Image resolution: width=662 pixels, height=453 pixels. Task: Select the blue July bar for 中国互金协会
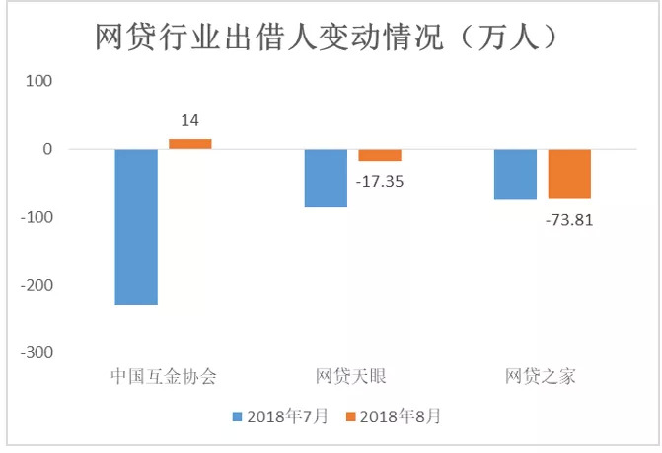pos(136,227)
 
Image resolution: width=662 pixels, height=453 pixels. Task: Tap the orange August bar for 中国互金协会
pos(189,144)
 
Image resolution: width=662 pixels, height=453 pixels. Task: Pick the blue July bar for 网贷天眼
pos(326,178)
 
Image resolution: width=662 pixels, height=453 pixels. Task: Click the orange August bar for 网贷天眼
pos(380,155)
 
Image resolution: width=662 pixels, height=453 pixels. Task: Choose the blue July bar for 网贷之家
pos(515,175)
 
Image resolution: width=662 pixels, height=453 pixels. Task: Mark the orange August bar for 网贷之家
pos(569,175)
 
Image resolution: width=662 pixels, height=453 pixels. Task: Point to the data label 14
pos(189,121)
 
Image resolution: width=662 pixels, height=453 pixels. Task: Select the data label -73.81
pos(569,219)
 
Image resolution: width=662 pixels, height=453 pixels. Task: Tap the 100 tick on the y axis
pos(37,81)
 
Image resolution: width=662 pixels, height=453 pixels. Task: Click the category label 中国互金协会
pos(163,376)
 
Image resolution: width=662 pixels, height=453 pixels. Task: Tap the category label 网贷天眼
pos(352,376)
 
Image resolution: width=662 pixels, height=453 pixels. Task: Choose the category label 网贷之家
pos(541,376)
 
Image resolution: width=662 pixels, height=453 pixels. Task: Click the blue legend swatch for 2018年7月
pos(238,416)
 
